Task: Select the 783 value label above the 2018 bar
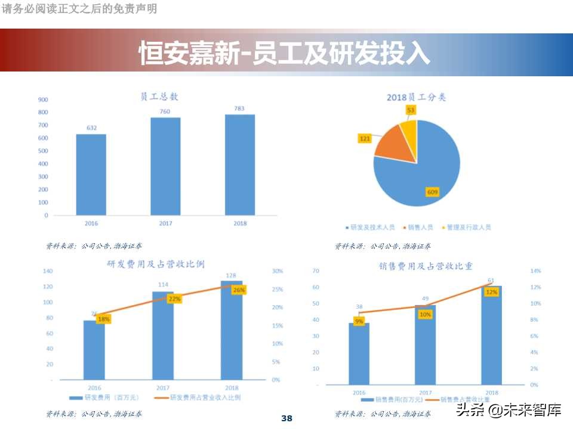click(x=239, y=108)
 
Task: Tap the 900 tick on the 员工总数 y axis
click(x=43, y=100)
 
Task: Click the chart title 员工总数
click(x=159, y=97)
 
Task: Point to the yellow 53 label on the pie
click(x=411, y=110)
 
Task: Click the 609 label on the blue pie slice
click(x=432, y=191)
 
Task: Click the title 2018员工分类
click(x=417, y=97)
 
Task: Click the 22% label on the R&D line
click(x=175, y=299)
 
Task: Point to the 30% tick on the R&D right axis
click(x=277, y=271)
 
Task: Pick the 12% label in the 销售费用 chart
click(x=491, y=292)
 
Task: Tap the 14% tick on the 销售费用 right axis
click(x=535, y=271)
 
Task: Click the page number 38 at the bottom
click(x=286, y=418)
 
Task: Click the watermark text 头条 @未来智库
click(x=509, y=410)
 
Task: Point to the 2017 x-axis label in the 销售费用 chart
click(x=425, y=393)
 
